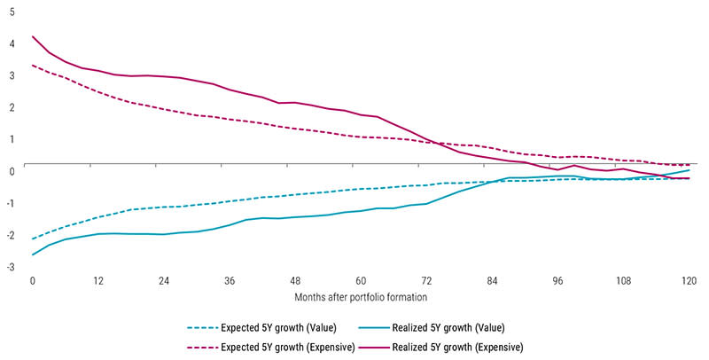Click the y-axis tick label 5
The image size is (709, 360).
[x=10, y=11]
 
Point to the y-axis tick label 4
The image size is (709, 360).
[x=10, y=43]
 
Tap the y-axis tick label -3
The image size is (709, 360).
[x=9, y=266]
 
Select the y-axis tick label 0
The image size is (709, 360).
[x=10, y=170]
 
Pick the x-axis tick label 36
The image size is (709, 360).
[x=230, y=280]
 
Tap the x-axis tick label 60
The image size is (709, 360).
[x=361, y=280]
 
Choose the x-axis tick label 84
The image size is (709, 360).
[x=492, y=280]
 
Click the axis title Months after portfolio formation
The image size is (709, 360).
[x=361, y=300]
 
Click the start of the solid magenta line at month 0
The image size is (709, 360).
[x=33, y=36]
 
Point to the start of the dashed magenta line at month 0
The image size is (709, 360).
[x=33, y=65]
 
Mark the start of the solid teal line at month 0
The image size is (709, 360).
[x=33, y=254]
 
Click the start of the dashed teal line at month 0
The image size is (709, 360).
[x=33, y=239]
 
